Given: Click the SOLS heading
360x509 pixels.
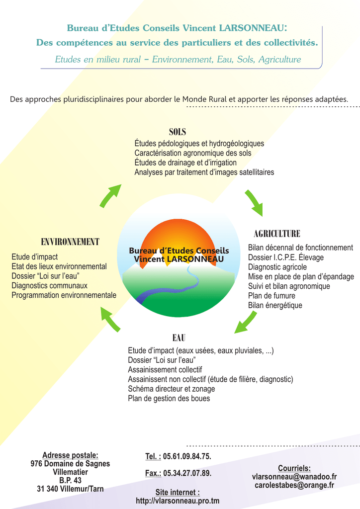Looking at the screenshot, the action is click(x=177, y=132).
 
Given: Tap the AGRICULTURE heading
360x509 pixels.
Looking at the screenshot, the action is click(x=277, y=234).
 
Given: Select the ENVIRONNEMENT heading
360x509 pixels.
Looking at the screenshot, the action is click(x=70, y=242).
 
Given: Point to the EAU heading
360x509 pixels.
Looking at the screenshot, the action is click(x=179, y=338).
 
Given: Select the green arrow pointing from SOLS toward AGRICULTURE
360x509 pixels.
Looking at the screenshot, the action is click(x=254, y=203).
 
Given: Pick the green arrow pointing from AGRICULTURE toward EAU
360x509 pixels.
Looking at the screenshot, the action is click(x=246, y=322).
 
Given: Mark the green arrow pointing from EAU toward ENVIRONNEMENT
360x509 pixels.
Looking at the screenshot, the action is click(x=110, y=319).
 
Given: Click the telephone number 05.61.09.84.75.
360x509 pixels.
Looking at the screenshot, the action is click(x=187, y=456).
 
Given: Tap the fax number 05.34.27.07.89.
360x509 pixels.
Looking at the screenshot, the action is click(x=187, y=473).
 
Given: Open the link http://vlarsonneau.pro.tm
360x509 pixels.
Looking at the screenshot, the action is click(x=178, y=501).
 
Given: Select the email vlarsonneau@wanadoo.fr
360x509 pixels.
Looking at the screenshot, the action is click(x=294, y=477).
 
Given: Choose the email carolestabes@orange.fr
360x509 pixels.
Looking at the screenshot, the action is click(x=294, y=485).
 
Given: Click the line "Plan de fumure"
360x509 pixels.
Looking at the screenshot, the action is click(x=271, y=296).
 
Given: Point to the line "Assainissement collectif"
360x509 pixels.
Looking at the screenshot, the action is click(x=165, y=370).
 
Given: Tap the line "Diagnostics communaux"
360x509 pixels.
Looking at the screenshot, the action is click(x=49, y=286).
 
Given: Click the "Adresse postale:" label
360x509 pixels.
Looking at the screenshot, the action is click(x=70, y=455).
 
